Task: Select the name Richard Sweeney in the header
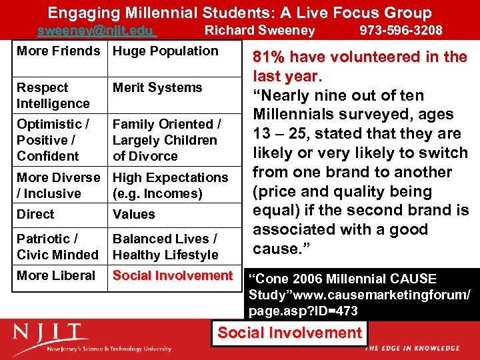(x=259, y=31)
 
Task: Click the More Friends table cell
(x=59, y=51)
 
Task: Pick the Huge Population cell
(x=165, y=51)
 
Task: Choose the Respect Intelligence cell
(x=53, y=95)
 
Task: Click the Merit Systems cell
(x=157, y=88)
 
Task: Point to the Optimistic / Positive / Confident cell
(x=53, y=140)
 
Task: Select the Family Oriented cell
(x=167, y=140)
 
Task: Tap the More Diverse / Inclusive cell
(x=59, y=185)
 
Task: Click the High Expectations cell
(x=170, y=185)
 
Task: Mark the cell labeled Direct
(x=35, y=215)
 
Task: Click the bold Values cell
(x=134, y=215)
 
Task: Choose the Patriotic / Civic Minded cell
(x=57, y=247)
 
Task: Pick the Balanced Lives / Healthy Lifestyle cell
(x=165, y=247)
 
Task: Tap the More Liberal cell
(x=56, y=276)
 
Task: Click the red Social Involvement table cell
(x=173, y=276)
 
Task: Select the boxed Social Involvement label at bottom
(x=289, y=333)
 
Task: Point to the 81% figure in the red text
(x=270, y=57)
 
